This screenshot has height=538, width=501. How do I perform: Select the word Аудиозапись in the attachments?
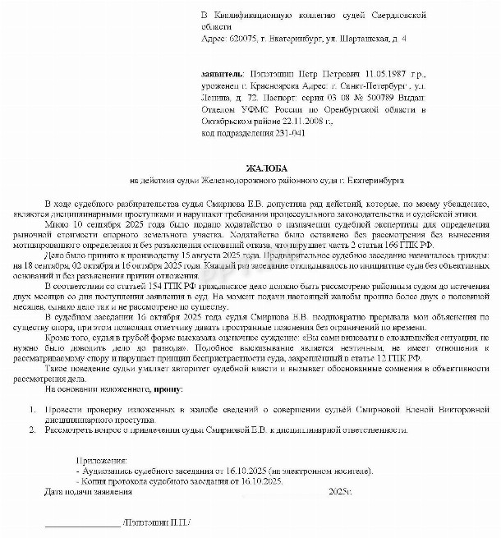(x=105, y=471)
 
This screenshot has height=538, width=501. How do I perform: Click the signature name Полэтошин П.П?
(x=155, y=522)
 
